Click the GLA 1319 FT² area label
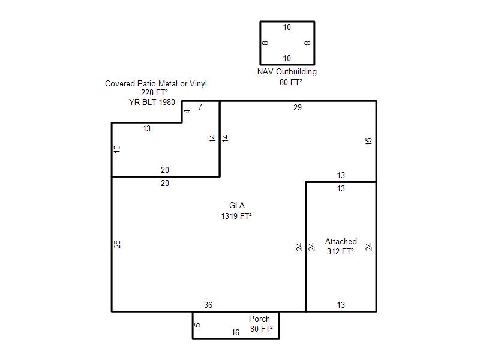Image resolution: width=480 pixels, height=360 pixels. tap(236, 211)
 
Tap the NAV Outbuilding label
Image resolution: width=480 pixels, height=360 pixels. tap(287, 71)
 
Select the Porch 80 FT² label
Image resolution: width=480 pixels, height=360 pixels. tap(261, 323)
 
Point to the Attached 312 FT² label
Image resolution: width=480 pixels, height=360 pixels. tap(341, 246)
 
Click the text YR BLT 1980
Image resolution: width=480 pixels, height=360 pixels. tap(152, 102)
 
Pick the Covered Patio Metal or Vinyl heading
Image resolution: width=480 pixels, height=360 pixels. tap(156, 83)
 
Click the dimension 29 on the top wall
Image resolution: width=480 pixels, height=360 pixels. tap(297, 107)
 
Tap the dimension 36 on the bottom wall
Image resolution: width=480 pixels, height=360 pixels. tap(208, 305)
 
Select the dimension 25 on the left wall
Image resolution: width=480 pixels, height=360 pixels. tap(117, 244)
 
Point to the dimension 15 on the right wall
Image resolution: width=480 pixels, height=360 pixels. tap(368, 141)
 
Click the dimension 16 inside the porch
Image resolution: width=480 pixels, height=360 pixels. tap(235, 332)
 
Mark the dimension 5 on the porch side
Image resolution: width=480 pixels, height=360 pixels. tap(198, 325)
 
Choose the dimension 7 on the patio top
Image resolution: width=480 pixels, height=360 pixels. tap(200, 107)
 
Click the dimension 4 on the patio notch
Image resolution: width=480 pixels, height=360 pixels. tap(187, 112)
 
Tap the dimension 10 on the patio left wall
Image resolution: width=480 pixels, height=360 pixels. tap(117, 149)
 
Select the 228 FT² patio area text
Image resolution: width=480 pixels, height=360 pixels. tap(154, 92)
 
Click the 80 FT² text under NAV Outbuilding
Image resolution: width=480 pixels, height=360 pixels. tap(291, 82)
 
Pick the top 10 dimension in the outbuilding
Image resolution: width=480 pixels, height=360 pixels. tap(287, 27)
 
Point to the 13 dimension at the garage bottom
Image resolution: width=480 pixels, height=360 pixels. tap(341, 305)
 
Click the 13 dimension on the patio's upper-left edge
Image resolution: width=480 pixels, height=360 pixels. tap(146, 128)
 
